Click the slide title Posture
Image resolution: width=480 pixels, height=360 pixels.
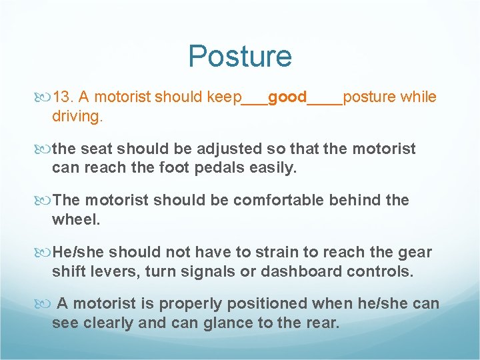click(x=240, y=56)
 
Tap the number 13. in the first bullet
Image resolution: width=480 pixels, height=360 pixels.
click(x=67, y=97)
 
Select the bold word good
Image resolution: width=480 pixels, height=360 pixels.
click(x=287, y=97)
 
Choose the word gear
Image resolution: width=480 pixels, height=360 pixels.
click(x=415, y=252)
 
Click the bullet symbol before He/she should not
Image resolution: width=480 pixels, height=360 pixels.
click(x=44, y=253)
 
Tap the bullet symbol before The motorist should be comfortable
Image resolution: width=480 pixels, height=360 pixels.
click(x=44, y=201)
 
